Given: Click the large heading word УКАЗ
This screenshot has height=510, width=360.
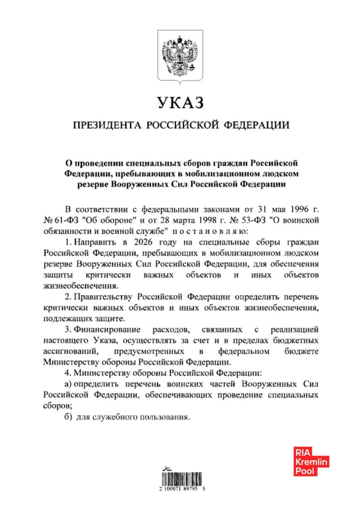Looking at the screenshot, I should [180, 103].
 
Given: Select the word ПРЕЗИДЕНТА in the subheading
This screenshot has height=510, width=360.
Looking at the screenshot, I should [107, 126].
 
